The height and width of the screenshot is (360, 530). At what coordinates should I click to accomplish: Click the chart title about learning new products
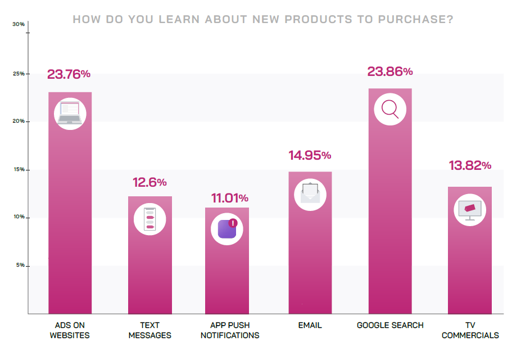(263, 20)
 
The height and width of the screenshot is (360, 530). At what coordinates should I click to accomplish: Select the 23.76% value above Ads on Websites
(69, 74)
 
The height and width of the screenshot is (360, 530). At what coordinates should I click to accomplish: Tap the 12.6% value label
(150, 182)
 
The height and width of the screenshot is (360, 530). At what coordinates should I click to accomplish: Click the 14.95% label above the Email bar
(310, 155)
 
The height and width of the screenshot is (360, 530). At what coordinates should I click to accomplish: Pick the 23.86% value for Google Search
(390, 71)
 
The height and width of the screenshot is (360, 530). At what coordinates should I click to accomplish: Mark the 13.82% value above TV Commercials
(470, 165)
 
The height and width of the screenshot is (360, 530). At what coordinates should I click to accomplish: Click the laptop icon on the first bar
(70, 113)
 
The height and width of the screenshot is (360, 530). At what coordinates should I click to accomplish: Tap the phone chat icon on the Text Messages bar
(150, 218)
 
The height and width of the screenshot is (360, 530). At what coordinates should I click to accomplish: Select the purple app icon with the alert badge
(227, 229)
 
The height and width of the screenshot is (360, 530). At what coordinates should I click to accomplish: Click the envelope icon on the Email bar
(310, 194)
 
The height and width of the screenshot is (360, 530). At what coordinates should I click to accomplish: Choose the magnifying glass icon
(389, 108)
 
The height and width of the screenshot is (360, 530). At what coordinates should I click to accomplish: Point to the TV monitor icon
(470, 210)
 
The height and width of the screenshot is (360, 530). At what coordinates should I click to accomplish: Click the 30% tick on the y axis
(19, 24)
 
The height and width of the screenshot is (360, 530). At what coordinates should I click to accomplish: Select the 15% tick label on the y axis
(19, 169)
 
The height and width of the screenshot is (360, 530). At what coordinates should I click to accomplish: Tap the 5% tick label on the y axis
(20, 264)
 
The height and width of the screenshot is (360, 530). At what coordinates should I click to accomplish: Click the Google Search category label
(390, 325)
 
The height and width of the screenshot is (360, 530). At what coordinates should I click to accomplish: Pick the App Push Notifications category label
(230, 330)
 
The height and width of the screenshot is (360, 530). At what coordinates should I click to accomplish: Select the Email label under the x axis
(310, 325)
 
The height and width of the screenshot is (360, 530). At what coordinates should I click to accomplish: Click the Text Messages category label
(150, 330)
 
